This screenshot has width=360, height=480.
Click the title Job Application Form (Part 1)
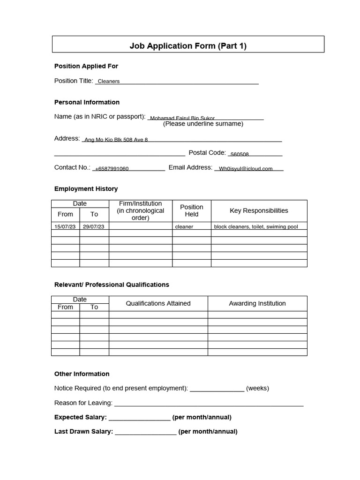pyautogui.click(x=187, y=45)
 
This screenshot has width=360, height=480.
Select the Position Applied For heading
pyautogui.click(x=86, y=66)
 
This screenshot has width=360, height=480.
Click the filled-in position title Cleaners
pyautogui.click(x=109, y=81)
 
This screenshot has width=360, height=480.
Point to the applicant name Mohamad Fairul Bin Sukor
pyautogui.click(x=182, y=118)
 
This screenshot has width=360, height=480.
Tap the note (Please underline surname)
pyautogui.click(x=203, y=124)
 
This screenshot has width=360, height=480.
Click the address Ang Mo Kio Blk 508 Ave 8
pyautogui.click(x=116, y=140)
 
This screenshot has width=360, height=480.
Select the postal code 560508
pyautogui.click(x=240, y=154)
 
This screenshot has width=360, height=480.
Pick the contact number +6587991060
pyautogui.click(x=112, y=169)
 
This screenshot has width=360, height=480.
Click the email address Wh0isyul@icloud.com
pyautogui.click(x=246, y=169)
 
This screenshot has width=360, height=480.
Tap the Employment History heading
pyautogui.click(x=86, y=189)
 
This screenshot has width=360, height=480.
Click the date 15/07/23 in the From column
pyautogui.click(x=65, y=226)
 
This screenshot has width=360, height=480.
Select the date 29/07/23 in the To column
pyautogui.click(x=94, y=226)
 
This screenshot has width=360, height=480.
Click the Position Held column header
pyautogui.click(x=191, y=210)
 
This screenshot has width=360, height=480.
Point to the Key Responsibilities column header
pyautogui.click(x=259, y=210)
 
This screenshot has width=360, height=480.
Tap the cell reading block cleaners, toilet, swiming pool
pyautogui.click(x=256, y=226)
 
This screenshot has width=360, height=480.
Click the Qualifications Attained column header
pyautogui.click(x=158, y=303)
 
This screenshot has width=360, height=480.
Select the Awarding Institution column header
pyautogui.click(x=257, y=303)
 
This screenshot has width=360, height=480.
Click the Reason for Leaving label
pyautogui.click(x=83, y=403)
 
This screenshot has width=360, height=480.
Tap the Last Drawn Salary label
pyautogui.click(x=83, y=432)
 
